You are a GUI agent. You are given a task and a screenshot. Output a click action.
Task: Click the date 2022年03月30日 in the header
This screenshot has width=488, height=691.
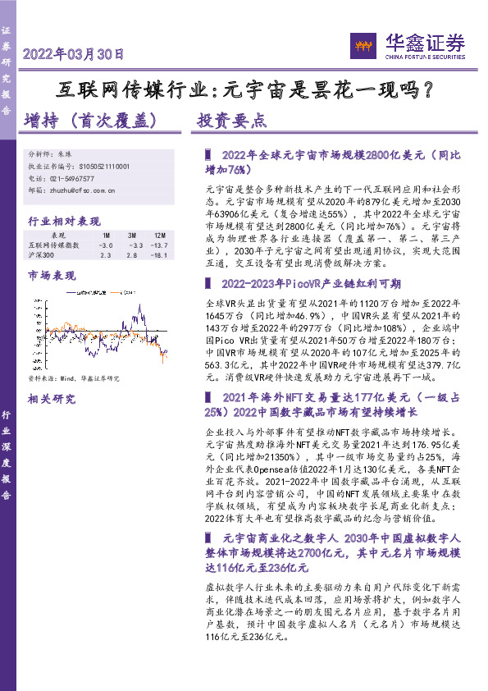74,55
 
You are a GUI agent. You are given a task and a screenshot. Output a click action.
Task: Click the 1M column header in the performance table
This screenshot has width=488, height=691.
106,236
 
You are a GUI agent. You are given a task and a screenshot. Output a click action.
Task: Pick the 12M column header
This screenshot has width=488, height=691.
160,236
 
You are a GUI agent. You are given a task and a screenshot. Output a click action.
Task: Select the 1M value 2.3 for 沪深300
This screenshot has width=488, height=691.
105,256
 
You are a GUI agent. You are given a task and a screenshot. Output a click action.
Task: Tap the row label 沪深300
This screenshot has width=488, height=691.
41,256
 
